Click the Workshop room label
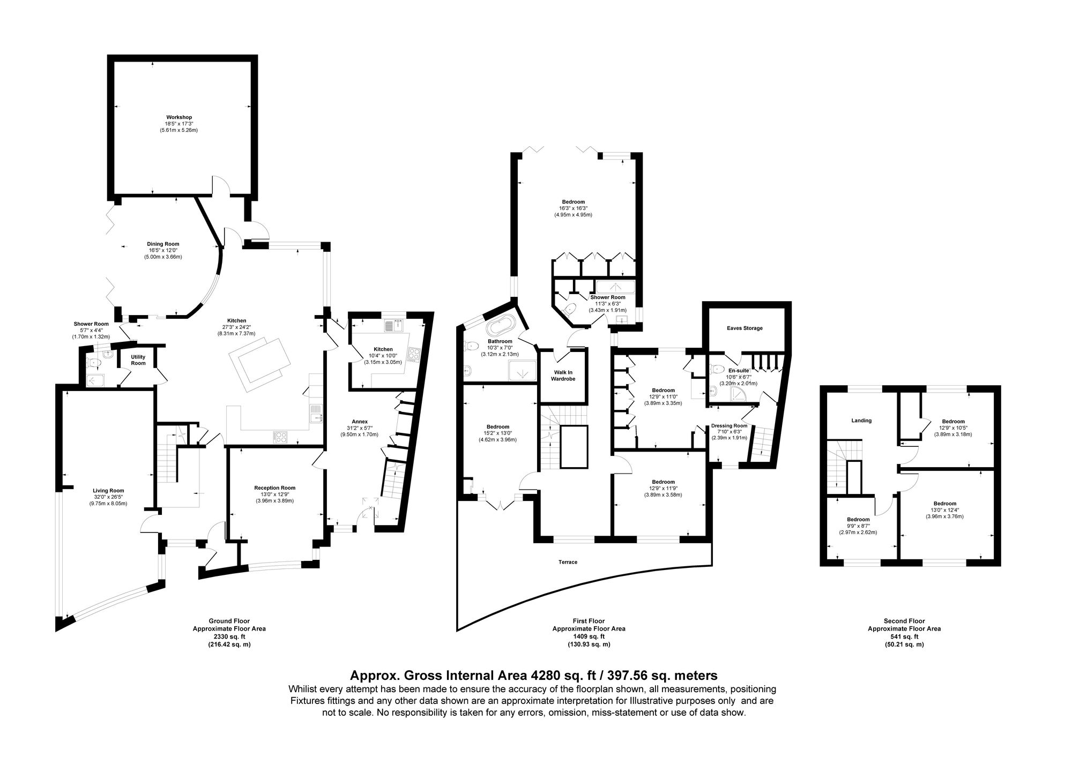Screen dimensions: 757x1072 (x=178, y=117)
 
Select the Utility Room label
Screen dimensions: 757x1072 (x=138, y=360)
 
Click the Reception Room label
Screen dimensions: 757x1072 (x=274, y=488)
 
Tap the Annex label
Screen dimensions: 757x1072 (x=359, y=421)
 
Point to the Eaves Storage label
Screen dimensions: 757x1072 (x=745, y=328)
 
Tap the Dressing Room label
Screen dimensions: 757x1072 (x=729, y=426)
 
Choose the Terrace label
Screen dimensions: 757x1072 (x=568, y=562)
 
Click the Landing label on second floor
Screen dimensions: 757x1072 (x=861, y=421)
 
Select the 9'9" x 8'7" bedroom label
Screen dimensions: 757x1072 (x=858, y=519)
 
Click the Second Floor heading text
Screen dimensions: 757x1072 (x=904, y=621)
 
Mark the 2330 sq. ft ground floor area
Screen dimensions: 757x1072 (x=229, y=636)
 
